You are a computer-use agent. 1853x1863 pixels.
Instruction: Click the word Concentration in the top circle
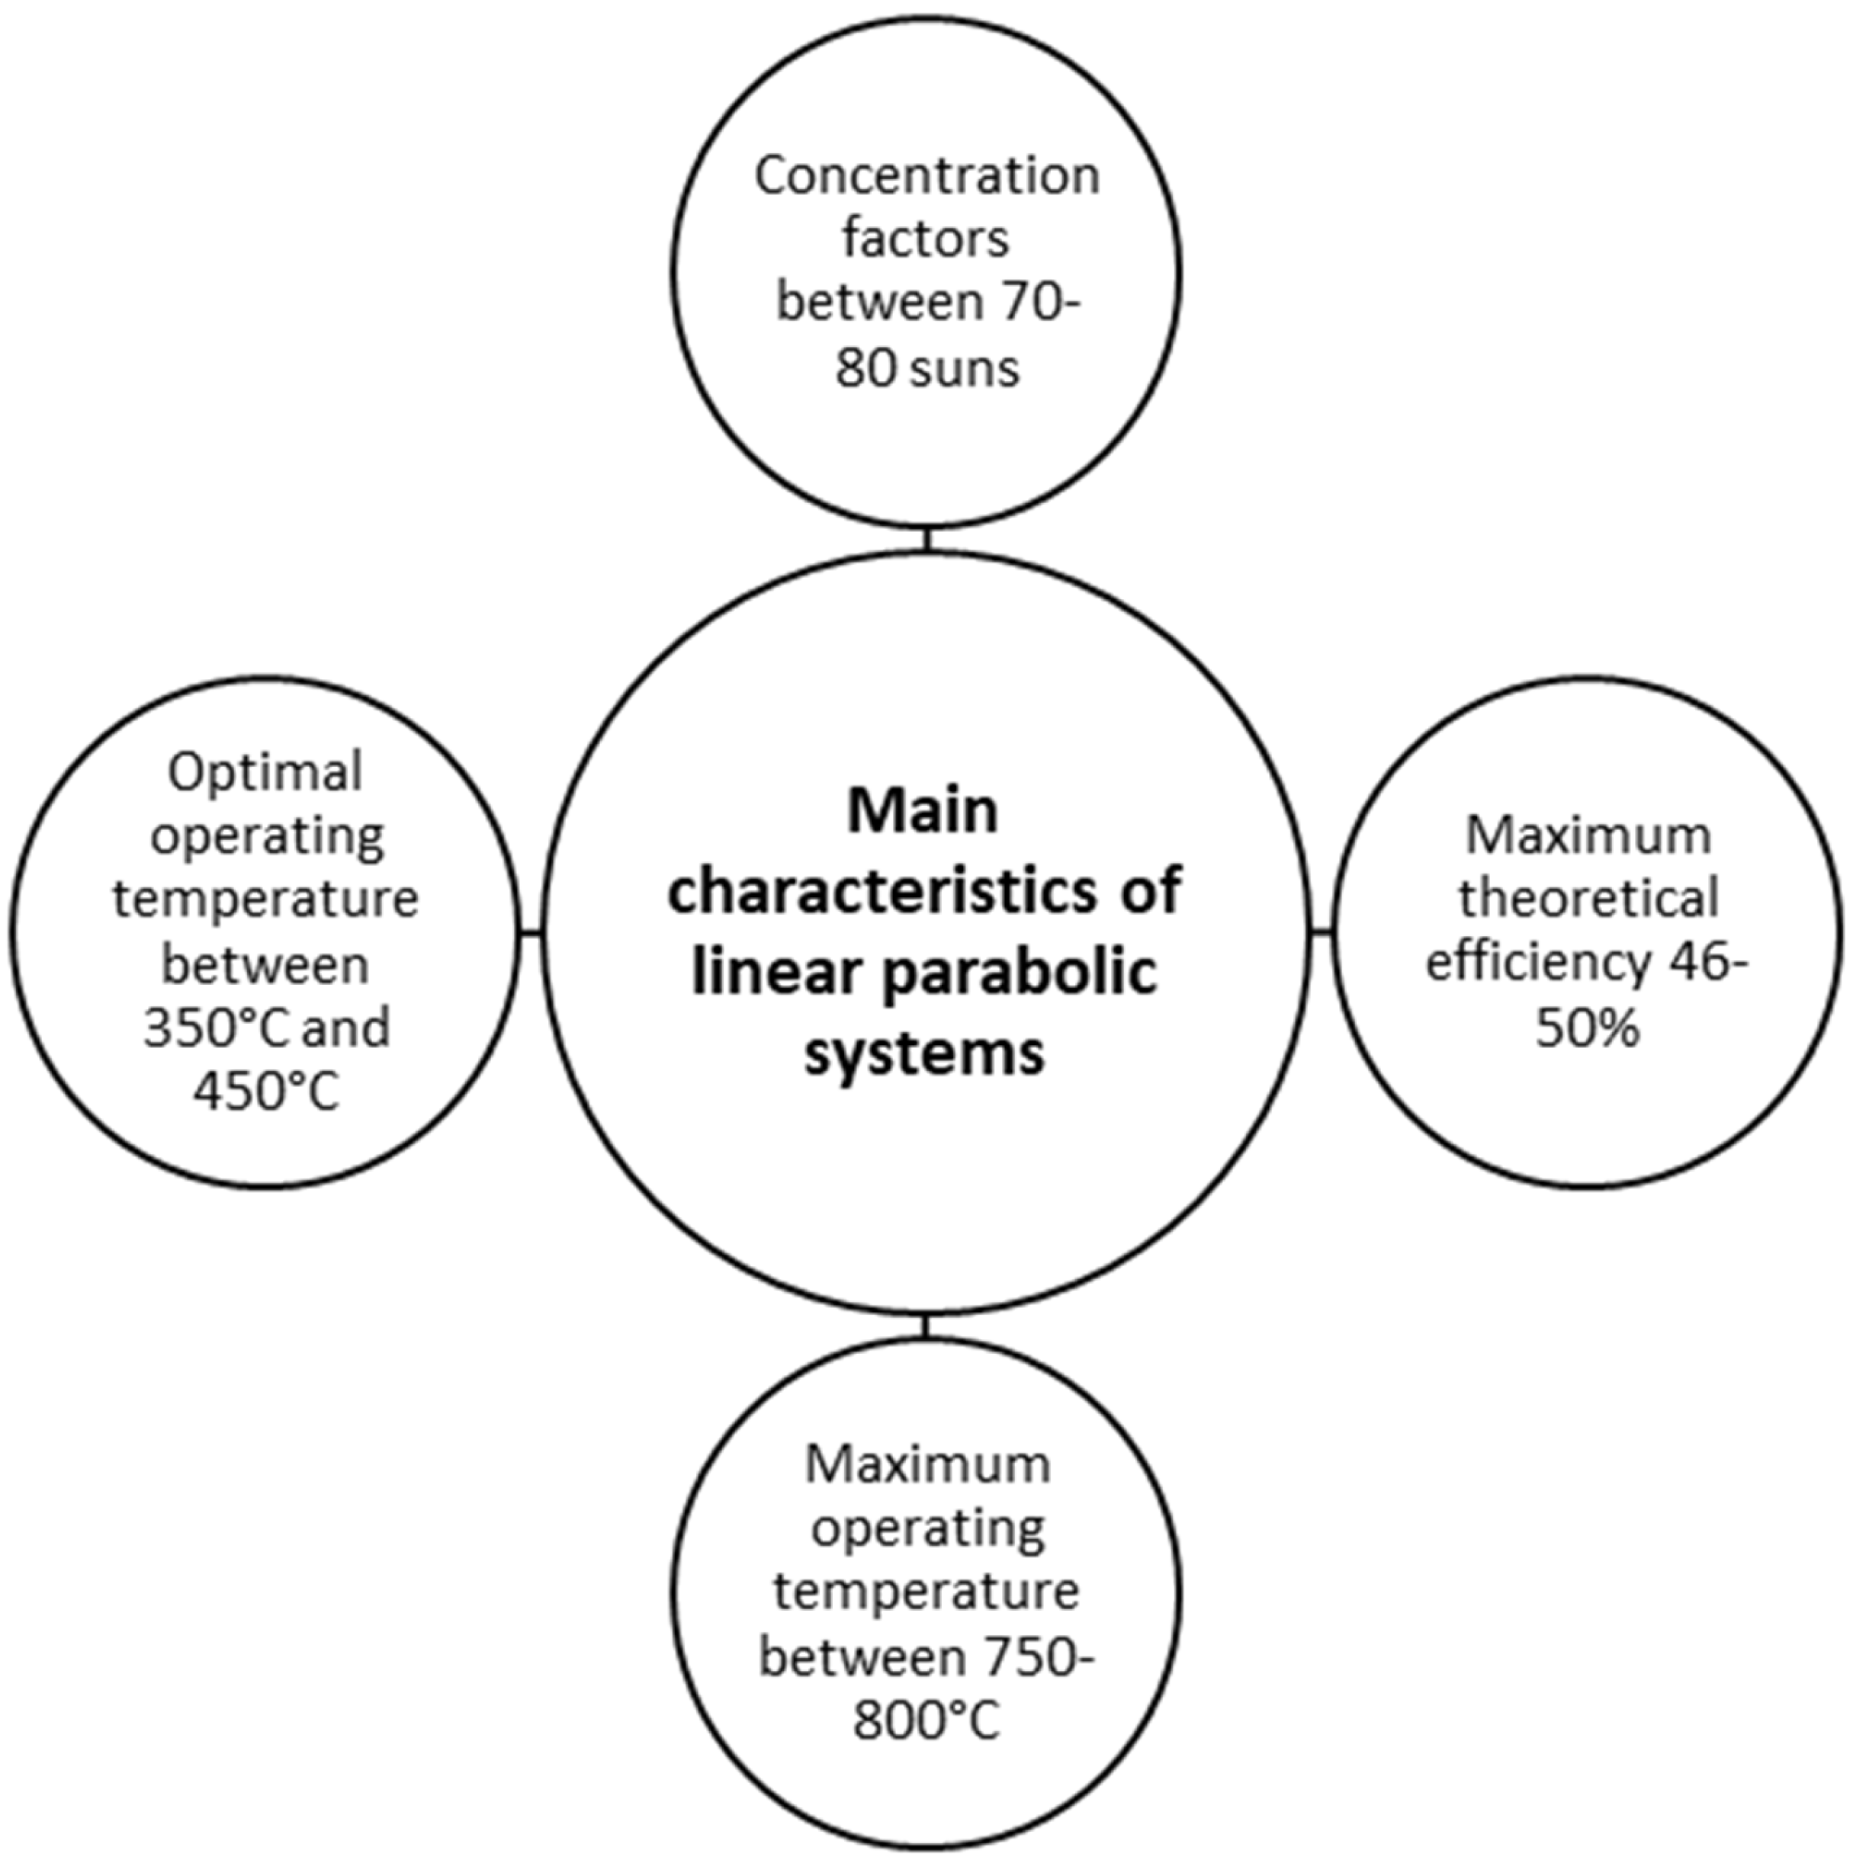[926, 176]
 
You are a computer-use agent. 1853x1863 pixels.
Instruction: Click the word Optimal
[265, 772]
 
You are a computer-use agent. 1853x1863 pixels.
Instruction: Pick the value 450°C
[266, 1092]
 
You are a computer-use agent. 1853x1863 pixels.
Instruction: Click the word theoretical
[1588, 899]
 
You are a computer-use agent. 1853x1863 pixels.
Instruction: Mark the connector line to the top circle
[926, 538]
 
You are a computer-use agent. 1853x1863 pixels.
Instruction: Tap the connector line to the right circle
[1322, 931]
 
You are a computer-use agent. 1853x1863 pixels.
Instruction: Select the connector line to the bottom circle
[926, 1325]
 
